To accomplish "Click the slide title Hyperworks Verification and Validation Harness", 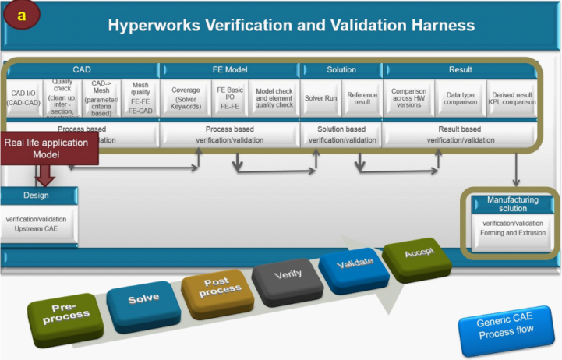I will point(291,25).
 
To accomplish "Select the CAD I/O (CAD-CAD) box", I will point(23,97).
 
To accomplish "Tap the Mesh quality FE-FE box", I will point(140,97).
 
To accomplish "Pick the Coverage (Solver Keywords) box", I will point(186,97).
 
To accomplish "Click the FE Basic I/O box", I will point(230,97).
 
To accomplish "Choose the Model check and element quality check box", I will point(274,97).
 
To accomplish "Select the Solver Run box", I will point(320,97).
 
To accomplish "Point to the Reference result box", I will point(362,97).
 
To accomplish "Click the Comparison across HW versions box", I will point(408,97).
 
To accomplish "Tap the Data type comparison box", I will point(460,97).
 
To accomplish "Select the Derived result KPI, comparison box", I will point(511,97).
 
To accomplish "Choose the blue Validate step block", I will point(355,264).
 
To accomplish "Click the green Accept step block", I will point(419,256).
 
